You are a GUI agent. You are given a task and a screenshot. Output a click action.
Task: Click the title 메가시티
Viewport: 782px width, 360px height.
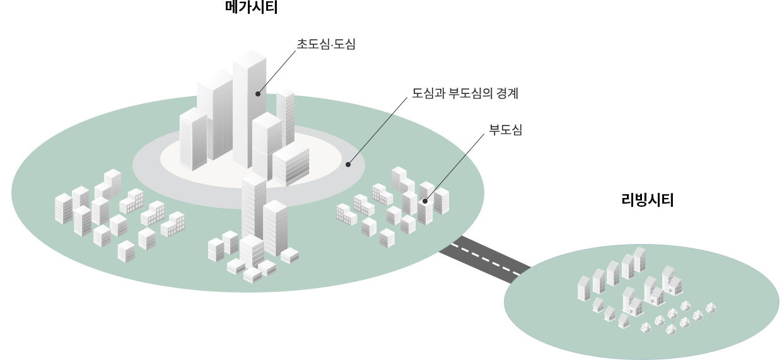(x=251, y=8)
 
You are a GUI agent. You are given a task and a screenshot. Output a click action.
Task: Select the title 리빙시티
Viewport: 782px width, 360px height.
(x=648, y=201)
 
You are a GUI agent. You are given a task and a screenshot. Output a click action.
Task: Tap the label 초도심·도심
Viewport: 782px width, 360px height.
(x=326, y=44)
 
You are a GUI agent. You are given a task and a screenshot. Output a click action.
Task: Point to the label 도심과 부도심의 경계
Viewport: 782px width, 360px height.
(x=465, y=94)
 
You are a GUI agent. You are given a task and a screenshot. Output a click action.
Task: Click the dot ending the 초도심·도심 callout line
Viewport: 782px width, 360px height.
(x=257, y=94)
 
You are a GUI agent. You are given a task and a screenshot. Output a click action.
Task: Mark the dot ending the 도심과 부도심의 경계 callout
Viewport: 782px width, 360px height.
(x=347, y=165)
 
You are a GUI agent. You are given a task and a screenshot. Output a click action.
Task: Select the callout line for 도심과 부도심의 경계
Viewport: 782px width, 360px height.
(x=377, y=130)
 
